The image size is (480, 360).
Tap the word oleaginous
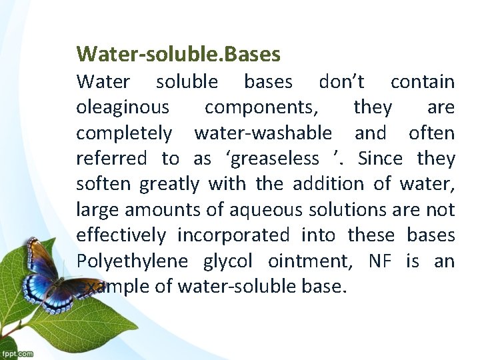point(123,107)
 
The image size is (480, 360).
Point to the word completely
point(124,133)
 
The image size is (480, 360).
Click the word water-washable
point(263,133)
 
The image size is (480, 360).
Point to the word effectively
point(121,235)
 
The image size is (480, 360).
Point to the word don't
point(341,82)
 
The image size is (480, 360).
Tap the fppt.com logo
point(17,353)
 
